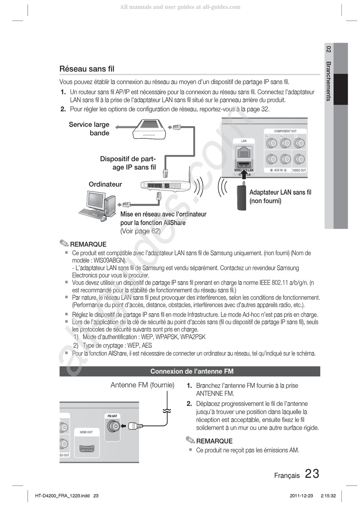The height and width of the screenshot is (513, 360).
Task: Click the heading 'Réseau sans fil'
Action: [x=87, y=69]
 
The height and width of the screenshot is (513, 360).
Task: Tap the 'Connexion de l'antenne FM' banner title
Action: [x=192, y=371]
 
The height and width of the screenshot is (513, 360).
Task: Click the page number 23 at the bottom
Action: [x=312, y=474]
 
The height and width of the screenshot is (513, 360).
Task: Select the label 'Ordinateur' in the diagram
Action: [x=105, y=185]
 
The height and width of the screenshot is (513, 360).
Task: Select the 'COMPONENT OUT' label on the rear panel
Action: [x=285, y=131]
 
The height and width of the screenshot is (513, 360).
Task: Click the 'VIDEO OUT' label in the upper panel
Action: [x=299, y=171]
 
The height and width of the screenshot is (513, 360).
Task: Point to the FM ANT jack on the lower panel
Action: [x=113, y=427]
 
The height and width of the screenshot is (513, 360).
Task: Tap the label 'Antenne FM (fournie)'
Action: [x=142, y=385]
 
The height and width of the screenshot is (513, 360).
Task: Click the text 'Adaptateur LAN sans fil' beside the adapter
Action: [x=280, y=193]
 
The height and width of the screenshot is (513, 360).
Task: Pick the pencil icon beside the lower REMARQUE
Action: [x=190, y=440]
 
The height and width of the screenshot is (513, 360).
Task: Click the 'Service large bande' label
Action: [x=89, y=129]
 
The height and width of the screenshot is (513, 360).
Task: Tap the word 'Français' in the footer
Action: [x=287, y=475]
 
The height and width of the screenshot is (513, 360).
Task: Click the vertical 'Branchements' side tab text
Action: [x=329, y=81]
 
